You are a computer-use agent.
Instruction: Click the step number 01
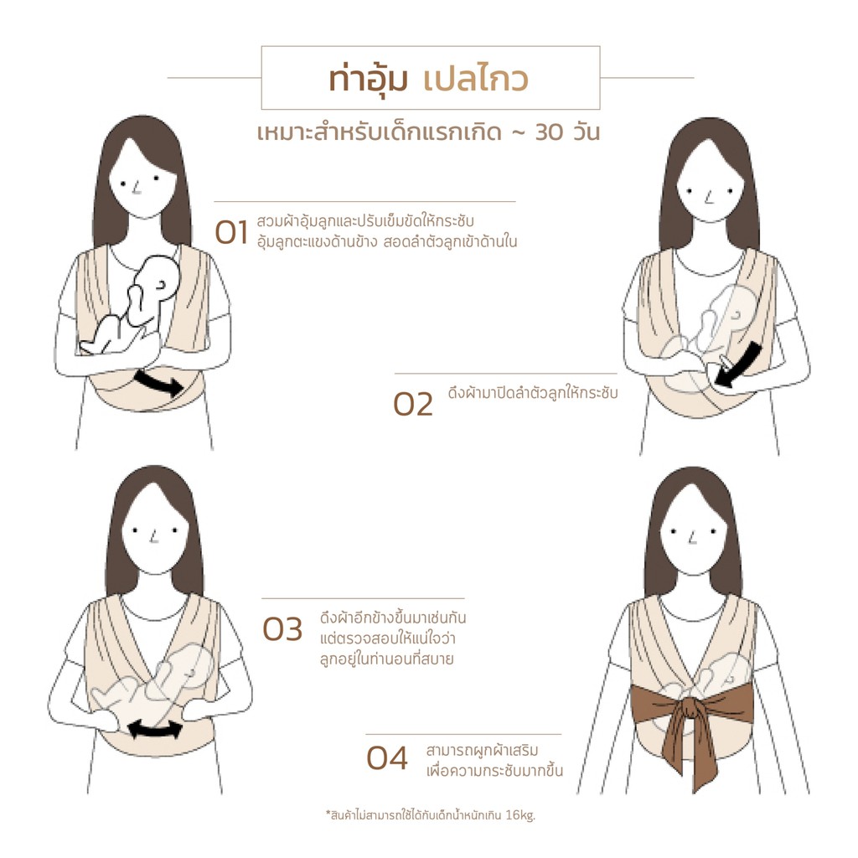click(x=231, y=233)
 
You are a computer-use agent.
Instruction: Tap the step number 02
click(x=413, y=405)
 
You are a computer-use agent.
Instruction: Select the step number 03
click(x=282, y=629)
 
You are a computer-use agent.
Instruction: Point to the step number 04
click(x=387, y=758)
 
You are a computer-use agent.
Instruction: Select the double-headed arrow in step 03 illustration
click(x=155, y=729)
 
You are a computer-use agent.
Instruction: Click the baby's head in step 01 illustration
click(x=158, y=278)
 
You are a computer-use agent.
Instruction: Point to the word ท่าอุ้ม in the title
click(x=368, y=79)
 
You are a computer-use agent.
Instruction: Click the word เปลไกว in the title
click(x=475, y=79)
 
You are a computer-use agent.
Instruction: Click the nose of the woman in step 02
click(x=708, y=197)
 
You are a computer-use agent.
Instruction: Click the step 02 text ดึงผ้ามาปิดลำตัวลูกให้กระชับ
click(x=532, y=392)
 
